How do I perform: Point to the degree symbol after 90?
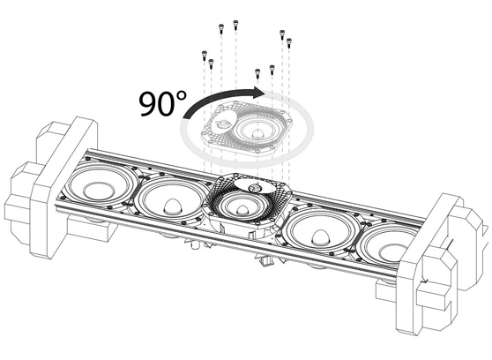(x=186, y=93)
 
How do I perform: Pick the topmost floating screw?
(x=235, y=23)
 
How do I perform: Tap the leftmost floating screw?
(x=205, y=54)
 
